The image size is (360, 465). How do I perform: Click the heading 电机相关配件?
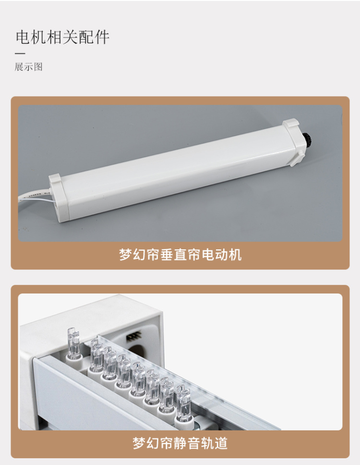pos(62,37)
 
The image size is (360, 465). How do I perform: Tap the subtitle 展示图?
pos(29,67)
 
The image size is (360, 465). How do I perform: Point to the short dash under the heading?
pos(20,53)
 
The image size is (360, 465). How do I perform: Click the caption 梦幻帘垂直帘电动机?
pos(180,255)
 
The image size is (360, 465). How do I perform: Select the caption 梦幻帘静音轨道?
pos(180,443)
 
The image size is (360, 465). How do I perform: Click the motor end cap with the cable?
pos(59,198)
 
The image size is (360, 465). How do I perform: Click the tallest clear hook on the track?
pos(73,343)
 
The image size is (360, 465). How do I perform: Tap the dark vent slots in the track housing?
pos(133,338)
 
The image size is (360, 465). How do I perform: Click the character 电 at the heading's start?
pos(23,37)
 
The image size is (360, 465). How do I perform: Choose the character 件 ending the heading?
pos(102,37)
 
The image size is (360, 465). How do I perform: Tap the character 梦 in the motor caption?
pos(126,255)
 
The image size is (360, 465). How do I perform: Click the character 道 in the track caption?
pos(221,443)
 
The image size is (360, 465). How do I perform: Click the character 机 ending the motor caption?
pos(235,255)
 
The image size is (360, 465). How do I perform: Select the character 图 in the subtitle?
pos(38,67)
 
